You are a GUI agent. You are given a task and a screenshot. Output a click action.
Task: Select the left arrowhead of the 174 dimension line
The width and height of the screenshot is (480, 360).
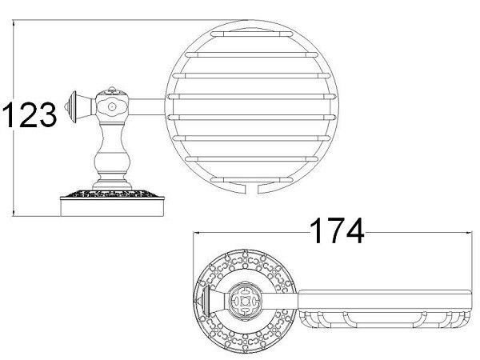(x=197, y=233)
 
